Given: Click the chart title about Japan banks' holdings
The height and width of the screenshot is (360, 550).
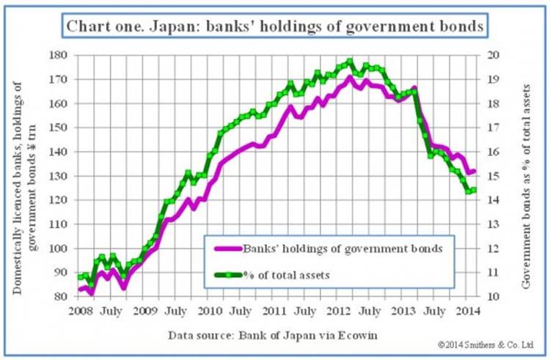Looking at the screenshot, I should (x=274, y=27).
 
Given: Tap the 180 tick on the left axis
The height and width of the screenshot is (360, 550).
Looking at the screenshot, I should (x=60, y=55).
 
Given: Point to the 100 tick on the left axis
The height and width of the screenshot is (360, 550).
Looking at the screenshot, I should (x=60, y=249).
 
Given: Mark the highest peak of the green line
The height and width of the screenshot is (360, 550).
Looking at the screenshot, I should (x=350, y=62).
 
